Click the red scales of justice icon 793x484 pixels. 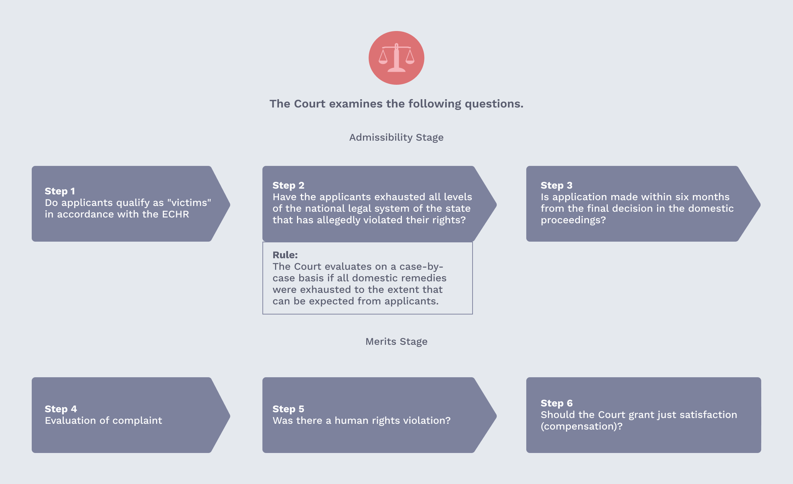click(x=396, y=58)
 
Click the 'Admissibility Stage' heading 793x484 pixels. click(x=396, y=137)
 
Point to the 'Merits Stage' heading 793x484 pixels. click(x=396, y=342)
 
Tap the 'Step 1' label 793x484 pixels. click(x=60, y=191)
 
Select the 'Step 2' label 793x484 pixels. click(x=288, y=185)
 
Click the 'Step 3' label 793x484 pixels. click(x=557, y=185)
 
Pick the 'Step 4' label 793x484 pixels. click(x=61, y=409)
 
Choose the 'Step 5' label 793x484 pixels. click(x=288, y=409)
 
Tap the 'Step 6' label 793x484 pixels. click(x=557, y=403)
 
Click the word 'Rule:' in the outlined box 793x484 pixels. click(x=285, y=255)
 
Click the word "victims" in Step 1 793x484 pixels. click(x=189, y=203)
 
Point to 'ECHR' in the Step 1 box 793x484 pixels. click(x=176, y=214)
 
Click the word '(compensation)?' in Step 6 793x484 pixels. click(x=581, y=426)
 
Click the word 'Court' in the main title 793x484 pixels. click(x=310, y=104)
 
